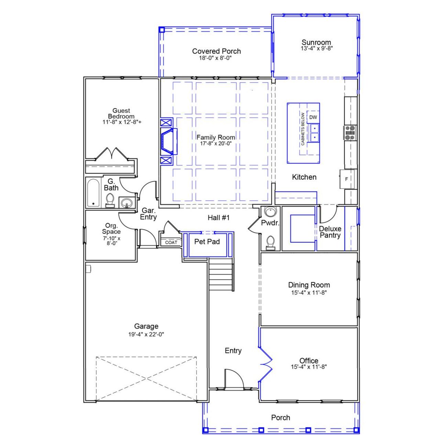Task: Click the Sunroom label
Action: coord(316,43)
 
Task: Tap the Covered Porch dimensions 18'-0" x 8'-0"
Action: coord(215,58)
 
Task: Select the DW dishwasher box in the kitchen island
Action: coord(313,117)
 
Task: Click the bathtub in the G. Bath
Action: coord(93,192)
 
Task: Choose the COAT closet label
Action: coord(171,242)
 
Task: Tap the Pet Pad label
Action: coord(207,242)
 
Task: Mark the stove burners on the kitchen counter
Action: coord(350,133)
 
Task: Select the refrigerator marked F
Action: coord(346,179)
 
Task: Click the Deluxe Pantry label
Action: coord(330,232)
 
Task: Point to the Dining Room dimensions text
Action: coord(308,293)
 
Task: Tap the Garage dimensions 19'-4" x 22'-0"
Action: coord(146,334)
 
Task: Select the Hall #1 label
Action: coord(218,218)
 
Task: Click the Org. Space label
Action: coord(111,229)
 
